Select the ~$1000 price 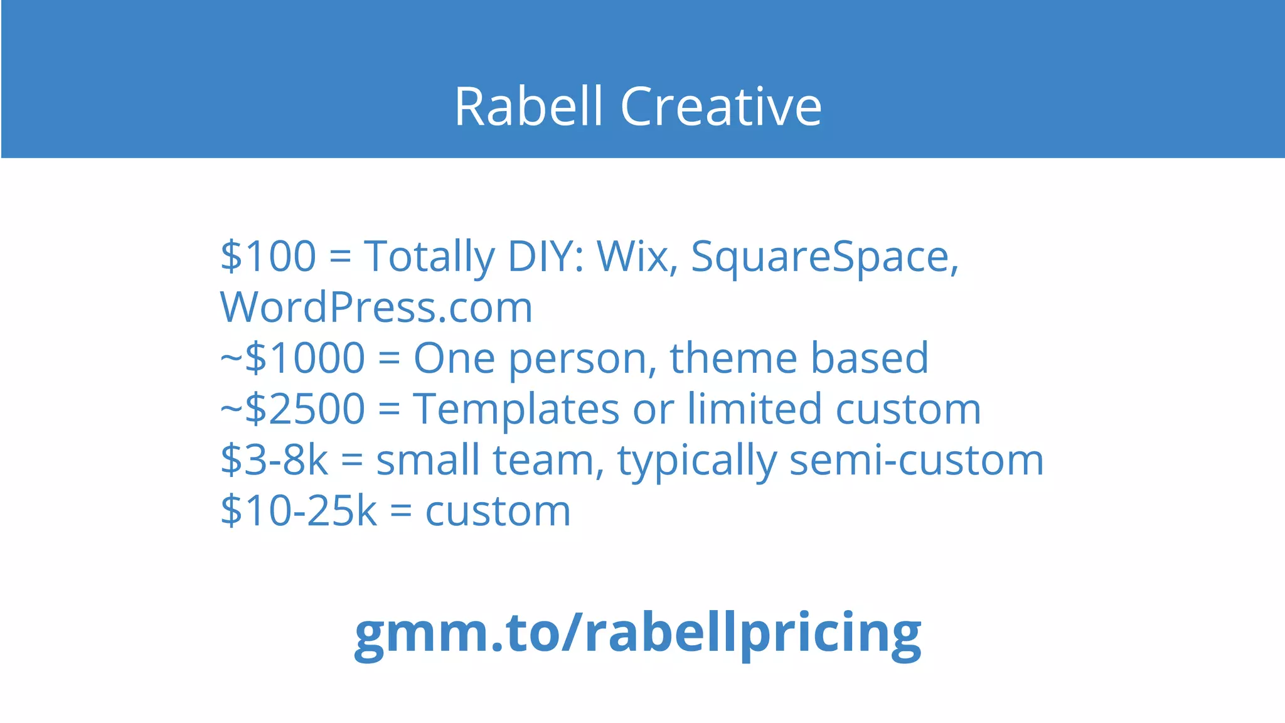(x=292, y=358)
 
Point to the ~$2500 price (x=292, y=409)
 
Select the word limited (x=754, y=409)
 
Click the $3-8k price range (x=274, y=460)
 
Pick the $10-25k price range (x=299, y=511)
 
